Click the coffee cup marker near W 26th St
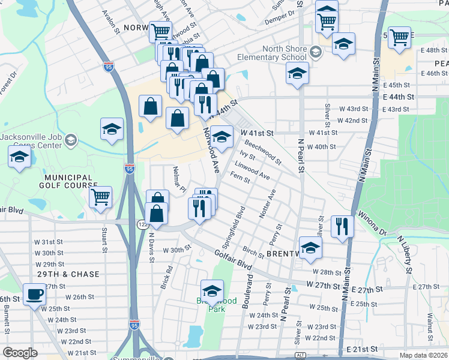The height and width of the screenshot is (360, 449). point(35,295)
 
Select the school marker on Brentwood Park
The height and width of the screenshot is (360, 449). point(212,291)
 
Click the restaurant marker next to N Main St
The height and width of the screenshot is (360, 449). point(342,226)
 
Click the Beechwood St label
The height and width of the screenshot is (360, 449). point(263,152)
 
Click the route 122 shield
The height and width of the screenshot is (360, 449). point(142,224)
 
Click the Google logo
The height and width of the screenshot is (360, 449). point(20,353)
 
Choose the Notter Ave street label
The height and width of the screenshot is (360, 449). point(268,204)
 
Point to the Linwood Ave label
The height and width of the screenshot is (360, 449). point(252,170)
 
